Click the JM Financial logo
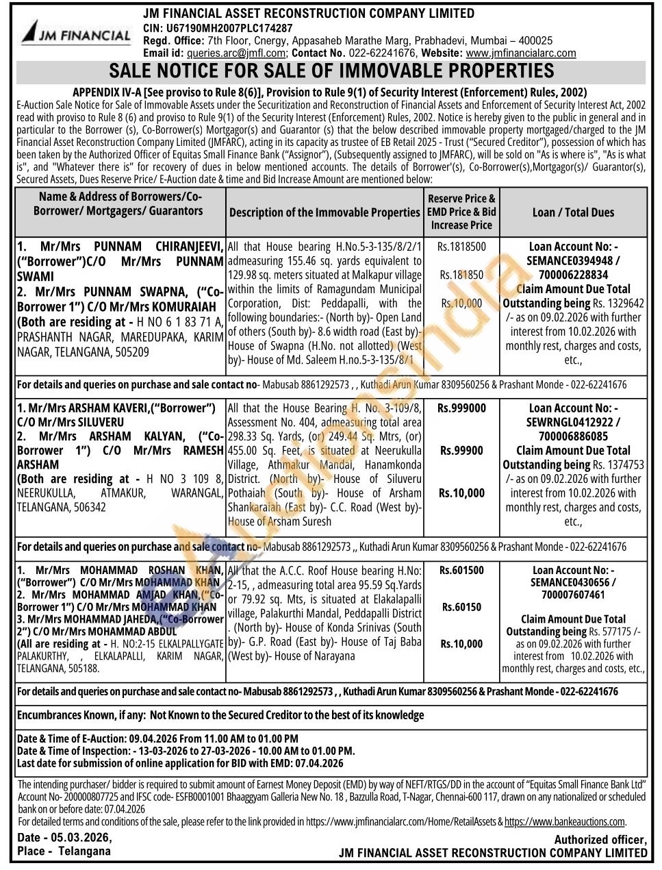pos(75,32)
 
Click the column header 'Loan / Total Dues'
pos(573,212)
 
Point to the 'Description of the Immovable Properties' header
pos(324,212)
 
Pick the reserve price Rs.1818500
pos(461,247)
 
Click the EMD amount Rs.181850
pos(461,275)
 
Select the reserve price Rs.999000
pos(461,408)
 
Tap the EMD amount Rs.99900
pos(461,451)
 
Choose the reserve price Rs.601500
pos(461,570)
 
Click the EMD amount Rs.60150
pos(461,607)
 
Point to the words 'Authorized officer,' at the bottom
pos(600,840)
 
